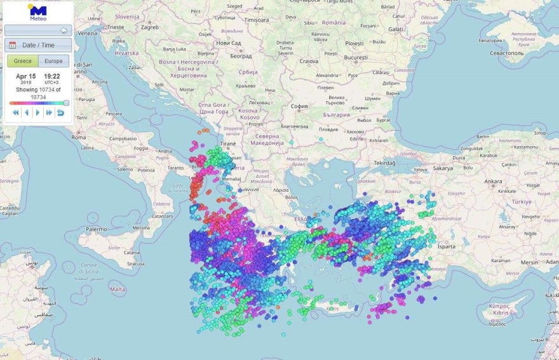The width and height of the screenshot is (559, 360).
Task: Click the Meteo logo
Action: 37,12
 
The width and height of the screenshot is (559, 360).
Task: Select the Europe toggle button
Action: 53,61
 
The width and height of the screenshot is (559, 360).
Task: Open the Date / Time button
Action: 38,45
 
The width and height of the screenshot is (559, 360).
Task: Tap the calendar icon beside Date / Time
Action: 13,45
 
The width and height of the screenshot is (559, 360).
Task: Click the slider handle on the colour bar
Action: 66,103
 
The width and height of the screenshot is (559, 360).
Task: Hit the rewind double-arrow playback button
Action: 15,112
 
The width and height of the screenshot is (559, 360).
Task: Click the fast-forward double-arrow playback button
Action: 49,112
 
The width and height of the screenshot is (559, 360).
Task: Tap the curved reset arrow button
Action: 60,112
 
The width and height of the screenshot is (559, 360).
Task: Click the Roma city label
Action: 79,137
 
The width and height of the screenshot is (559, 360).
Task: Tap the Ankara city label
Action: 493,182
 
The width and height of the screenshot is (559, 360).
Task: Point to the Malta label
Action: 118,289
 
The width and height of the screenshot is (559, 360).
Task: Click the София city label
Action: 299,107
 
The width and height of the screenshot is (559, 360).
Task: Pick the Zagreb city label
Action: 149,28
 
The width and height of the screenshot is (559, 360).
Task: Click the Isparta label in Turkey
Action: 447,246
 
